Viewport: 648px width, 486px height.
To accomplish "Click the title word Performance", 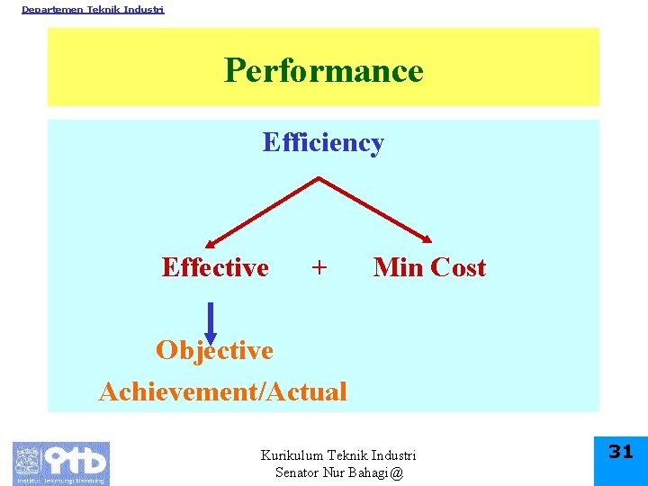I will tap(323, 70).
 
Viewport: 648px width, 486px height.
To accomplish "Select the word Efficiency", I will tap(323, 143).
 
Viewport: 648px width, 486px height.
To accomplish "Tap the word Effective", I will tap(215, 267).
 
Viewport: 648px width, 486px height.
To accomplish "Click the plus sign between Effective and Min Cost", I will tap(319, 267).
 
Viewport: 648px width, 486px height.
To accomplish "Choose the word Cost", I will tap(458, 267).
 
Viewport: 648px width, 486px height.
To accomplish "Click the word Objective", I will tap(214, 350).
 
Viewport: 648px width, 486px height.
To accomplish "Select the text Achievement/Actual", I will tap(222, 391).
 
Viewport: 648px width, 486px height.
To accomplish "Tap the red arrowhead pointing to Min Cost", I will tap(427, 239).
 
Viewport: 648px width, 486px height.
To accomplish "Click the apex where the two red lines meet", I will tap(319, 178).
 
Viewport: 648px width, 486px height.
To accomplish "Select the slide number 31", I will tap(621, 452).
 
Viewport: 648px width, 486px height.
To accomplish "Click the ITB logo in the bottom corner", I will tap(60, 463).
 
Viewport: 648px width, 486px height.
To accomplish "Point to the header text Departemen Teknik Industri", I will tap(93, 9).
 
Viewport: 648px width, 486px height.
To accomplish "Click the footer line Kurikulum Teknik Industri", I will tap(338, 456).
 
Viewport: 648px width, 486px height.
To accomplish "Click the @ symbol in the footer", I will tap(398, 472).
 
